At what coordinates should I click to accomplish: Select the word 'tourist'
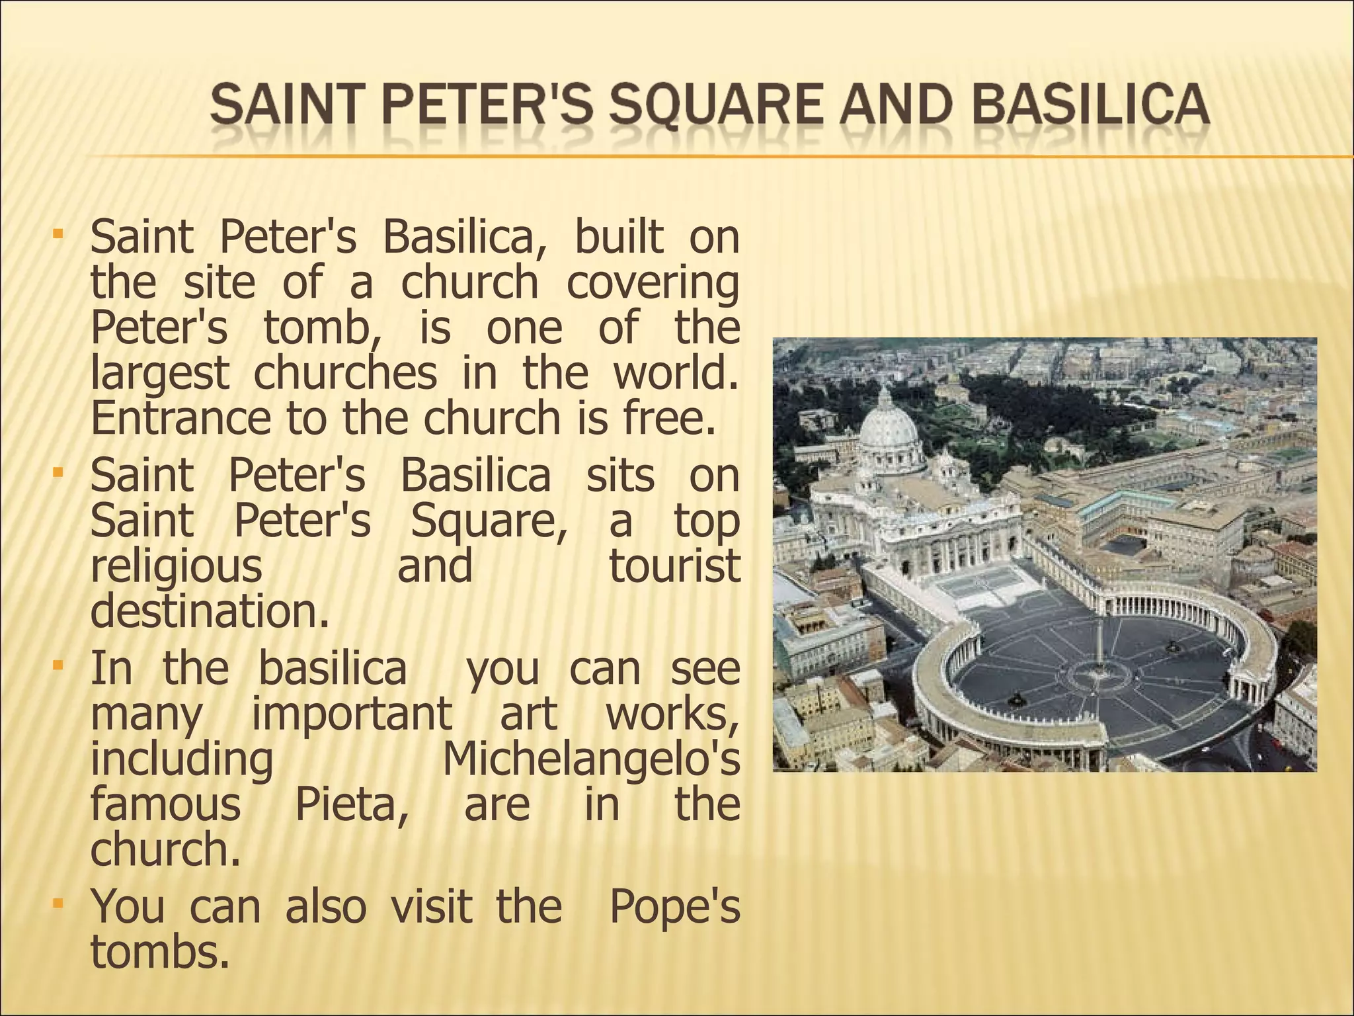(x=674, y=566)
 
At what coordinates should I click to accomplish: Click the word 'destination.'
(x=210, y=611)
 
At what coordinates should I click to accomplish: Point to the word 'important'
(x=352, y=713)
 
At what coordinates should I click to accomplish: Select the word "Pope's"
(x=674, y=906)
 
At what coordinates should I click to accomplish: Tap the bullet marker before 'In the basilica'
(x=58, y=663)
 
